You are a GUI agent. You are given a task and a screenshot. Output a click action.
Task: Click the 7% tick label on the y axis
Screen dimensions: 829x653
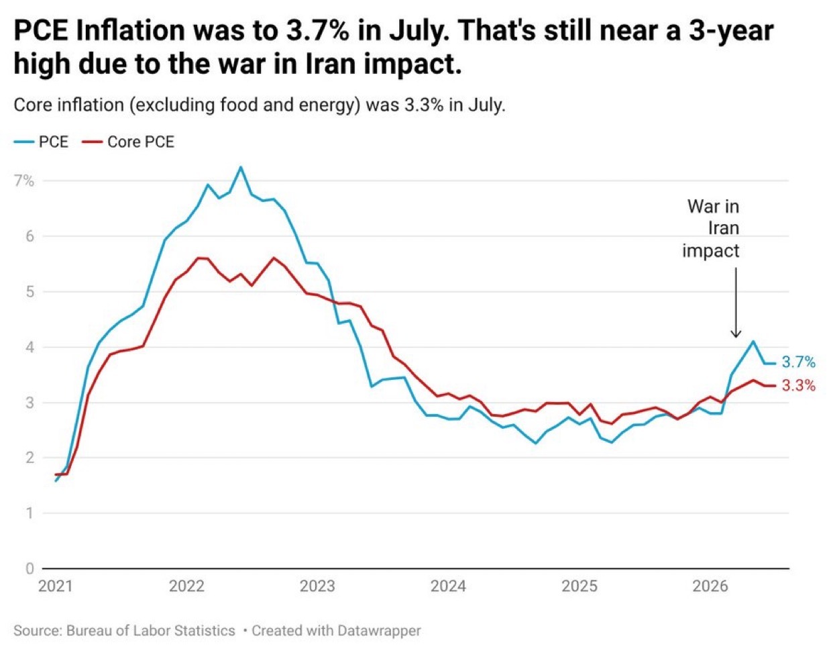(24, 181)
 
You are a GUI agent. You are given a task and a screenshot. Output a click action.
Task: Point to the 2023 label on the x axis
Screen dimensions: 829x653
(317, 587)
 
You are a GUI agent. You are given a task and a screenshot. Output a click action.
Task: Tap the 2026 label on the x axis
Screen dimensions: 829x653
(710, 587)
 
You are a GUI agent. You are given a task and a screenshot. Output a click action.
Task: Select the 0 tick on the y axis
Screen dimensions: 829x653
(30, 568)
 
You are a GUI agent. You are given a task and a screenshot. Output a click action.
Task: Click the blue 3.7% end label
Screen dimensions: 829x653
(799, 362)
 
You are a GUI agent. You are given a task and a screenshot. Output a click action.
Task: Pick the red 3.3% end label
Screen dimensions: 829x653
(799, 385)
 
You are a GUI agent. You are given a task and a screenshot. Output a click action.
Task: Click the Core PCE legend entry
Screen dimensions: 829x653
(128, 142)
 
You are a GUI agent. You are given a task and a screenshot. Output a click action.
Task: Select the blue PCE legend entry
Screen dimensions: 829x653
(41, 142)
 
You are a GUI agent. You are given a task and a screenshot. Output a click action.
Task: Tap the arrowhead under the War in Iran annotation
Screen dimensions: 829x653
(736, 334)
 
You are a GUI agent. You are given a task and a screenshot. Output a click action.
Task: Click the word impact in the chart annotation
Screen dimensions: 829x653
(711, 251)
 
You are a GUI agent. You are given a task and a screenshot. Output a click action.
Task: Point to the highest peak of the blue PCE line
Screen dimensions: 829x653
(241, 167)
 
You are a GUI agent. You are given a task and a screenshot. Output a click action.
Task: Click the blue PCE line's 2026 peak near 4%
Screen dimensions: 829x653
(753, 341)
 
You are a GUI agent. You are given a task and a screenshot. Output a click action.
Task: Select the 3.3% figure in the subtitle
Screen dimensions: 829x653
(424, 105)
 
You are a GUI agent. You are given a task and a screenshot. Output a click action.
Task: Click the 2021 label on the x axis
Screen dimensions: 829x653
(56, 587)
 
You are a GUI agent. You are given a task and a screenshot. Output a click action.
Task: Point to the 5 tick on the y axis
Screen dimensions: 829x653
(30, 292)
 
